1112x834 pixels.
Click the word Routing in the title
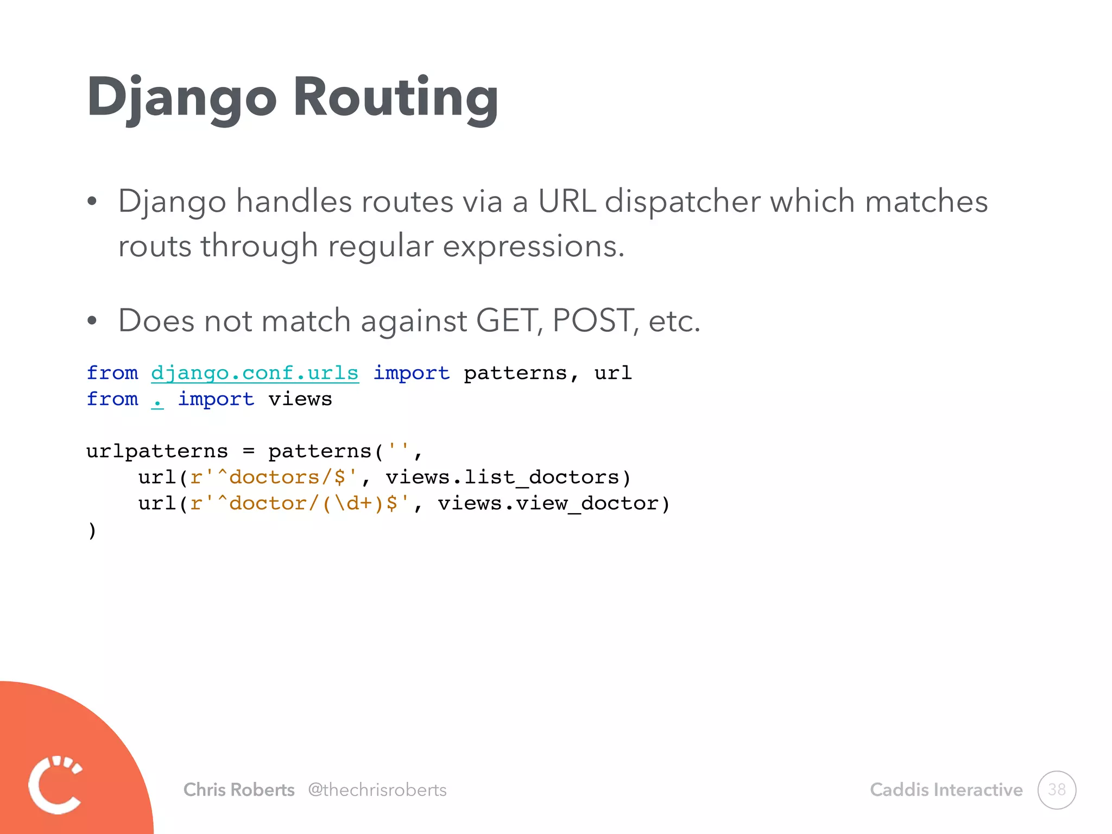click(395, 98)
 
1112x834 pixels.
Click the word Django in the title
click(182, 98)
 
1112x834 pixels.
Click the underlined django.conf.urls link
click(255, 373)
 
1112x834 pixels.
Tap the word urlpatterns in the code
click(157, 451)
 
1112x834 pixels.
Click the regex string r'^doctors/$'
click(274, 477)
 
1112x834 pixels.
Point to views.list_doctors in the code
click(502, 477)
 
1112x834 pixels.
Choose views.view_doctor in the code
click(548, 503)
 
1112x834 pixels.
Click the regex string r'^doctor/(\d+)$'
click(300, 503)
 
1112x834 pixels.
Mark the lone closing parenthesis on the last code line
click(92, 529)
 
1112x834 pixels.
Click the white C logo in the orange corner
click(55, 784)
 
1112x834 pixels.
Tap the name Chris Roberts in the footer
click(239, 789)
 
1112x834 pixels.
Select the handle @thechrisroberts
click(377, 789)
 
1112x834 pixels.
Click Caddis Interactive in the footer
click(946, 789)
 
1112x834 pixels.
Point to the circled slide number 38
click(1056, 789)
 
